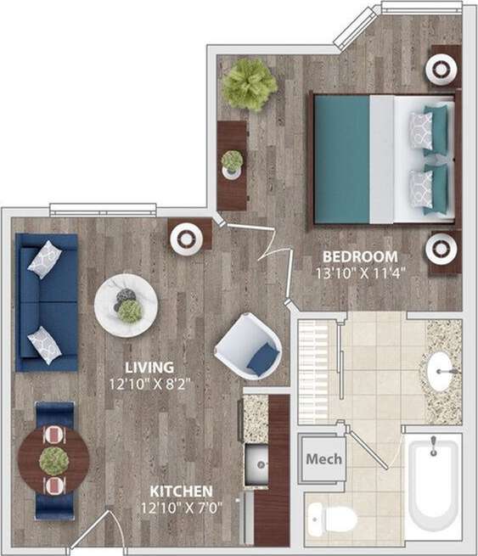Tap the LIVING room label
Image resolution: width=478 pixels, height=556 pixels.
coord(149,367)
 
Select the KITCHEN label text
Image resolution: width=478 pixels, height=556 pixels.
coord(182,491)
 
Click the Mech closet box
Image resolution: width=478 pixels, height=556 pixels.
coord(324,459)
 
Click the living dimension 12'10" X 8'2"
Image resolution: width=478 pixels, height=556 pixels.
coord(149,383)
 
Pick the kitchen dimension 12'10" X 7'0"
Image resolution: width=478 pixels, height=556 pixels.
coord(182,508)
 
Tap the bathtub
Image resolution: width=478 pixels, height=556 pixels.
coord(433,488)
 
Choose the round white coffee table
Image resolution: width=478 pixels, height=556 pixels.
coord(126,306)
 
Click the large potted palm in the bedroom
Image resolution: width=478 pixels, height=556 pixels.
coord(250,83)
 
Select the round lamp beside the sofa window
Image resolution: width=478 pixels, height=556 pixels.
coord(188,238)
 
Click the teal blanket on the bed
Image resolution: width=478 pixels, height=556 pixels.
coord(342,159)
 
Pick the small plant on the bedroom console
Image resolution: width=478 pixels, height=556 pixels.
coord(232,161)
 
